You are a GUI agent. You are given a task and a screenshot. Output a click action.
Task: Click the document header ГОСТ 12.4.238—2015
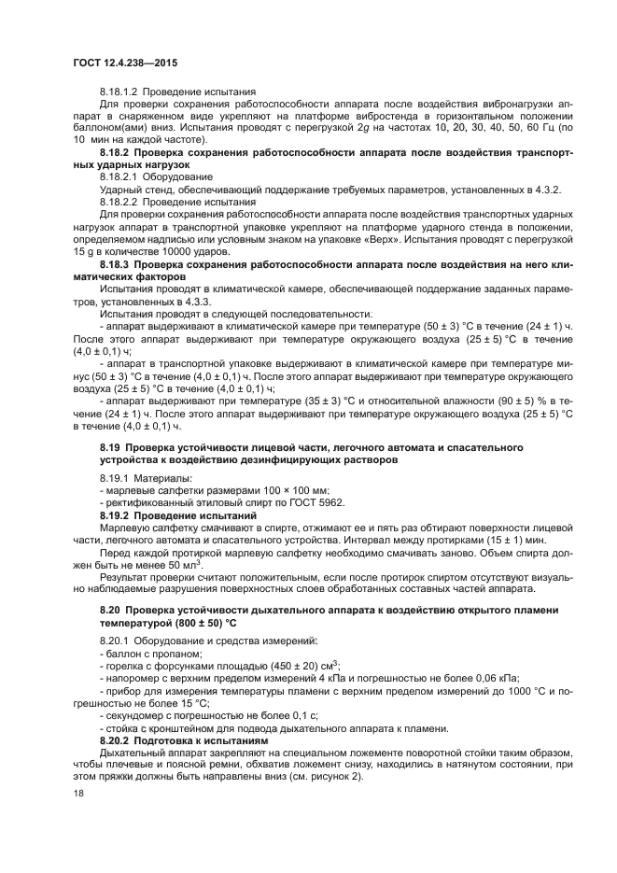tap(124, 63)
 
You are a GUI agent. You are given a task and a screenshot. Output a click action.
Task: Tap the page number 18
tap(78, 794)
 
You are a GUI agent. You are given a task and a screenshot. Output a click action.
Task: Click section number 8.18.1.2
tap(121, 92)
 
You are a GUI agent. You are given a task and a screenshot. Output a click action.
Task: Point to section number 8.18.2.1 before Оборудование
tap(121, 176)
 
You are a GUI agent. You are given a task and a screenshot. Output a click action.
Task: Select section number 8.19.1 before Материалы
tap(115, 478)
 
